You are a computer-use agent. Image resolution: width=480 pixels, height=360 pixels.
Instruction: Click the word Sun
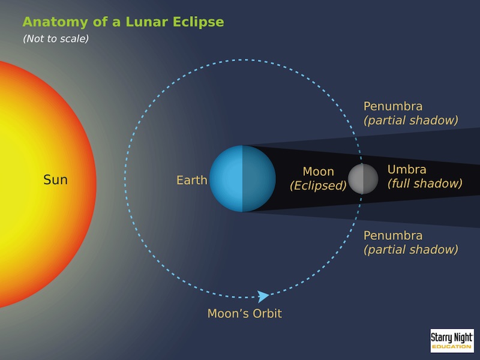point(55,179)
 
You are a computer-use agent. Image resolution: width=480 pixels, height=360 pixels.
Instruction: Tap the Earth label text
point(192,181)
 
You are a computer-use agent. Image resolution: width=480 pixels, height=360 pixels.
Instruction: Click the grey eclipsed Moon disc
point(363,179)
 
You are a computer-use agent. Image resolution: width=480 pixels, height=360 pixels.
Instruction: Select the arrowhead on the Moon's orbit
point(263,296)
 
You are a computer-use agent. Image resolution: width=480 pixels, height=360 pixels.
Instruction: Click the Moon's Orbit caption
point(245,313)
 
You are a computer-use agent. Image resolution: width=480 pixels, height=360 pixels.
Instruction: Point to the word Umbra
point(407,169)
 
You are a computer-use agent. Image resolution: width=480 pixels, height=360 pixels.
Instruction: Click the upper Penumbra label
point(393,106)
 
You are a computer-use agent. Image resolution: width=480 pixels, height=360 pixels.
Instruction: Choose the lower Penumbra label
point(393,235)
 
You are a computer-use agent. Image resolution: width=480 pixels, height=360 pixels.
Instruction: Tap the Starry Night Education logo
point(452,341)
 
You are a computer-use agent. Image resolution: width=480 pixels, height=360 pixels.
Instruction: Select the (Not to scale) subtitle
point(56,38)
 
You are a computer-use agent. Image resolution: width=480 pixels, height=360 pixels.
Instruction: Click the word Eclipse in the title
point(198,22)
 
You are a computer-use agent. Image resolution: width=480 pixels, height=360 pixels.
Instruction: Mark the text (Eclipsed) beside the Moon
point(318,185)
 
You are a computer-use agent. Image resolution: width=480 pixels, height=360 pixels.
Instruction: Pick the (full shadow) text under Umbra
point(425,184)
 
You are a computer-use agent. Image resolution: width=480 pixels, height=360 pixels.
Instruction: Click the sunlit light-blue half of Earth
point(226,179)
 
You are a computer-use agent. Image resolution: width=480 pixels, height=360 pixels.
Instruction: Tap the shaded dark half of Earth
point(259,179)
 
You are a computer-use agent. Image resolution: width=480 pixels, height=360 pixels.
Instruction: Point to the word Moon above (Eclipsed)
point(319,172)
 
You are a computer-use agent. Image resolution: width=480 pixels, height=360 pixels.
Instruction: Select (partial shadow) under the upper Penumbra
point(411,121)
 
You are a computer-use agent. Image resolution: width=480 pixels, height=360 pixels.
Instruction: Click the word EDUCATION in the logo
point(452,347)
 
